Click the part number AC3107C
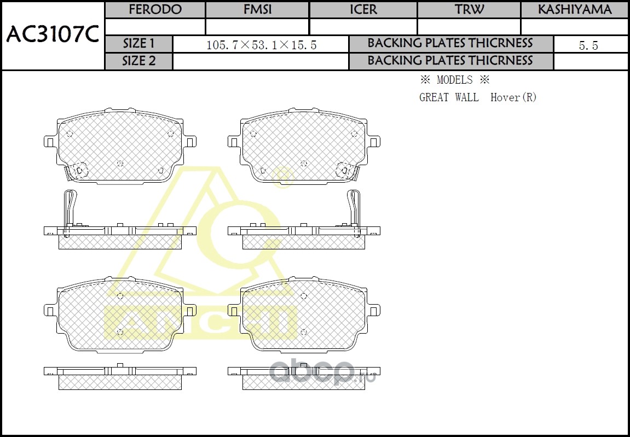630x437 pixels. [53, 36]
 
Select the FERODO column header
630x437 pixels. [155, 10]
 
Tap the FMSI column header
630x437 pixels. [258, 10]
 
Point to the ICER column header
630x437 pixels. [363, 10]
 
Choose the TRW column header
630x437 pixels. [469, 10]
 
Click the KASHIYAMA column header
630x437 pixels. [575, 10]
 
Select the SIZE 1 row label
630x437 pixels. [138, 43]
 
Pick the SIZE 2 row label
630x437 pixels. [138, 61]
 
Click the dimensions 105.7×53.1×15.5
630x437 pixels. [261, 45]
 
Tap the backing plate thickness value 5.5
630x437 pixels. [588, 45]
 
